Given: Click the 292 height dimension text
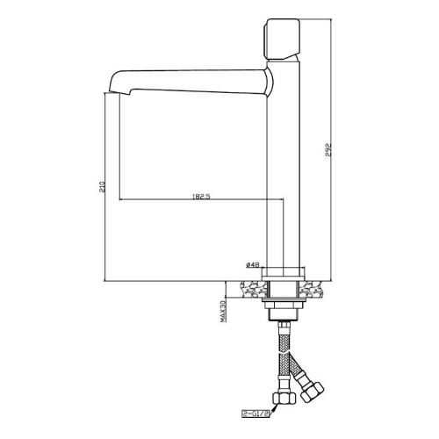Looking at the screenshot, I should tap(329, 150).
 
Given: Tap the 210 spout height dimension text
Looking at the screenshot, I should tap(103, 187).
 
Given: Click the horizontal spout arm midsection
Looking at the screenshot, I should tap(189, 83).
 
